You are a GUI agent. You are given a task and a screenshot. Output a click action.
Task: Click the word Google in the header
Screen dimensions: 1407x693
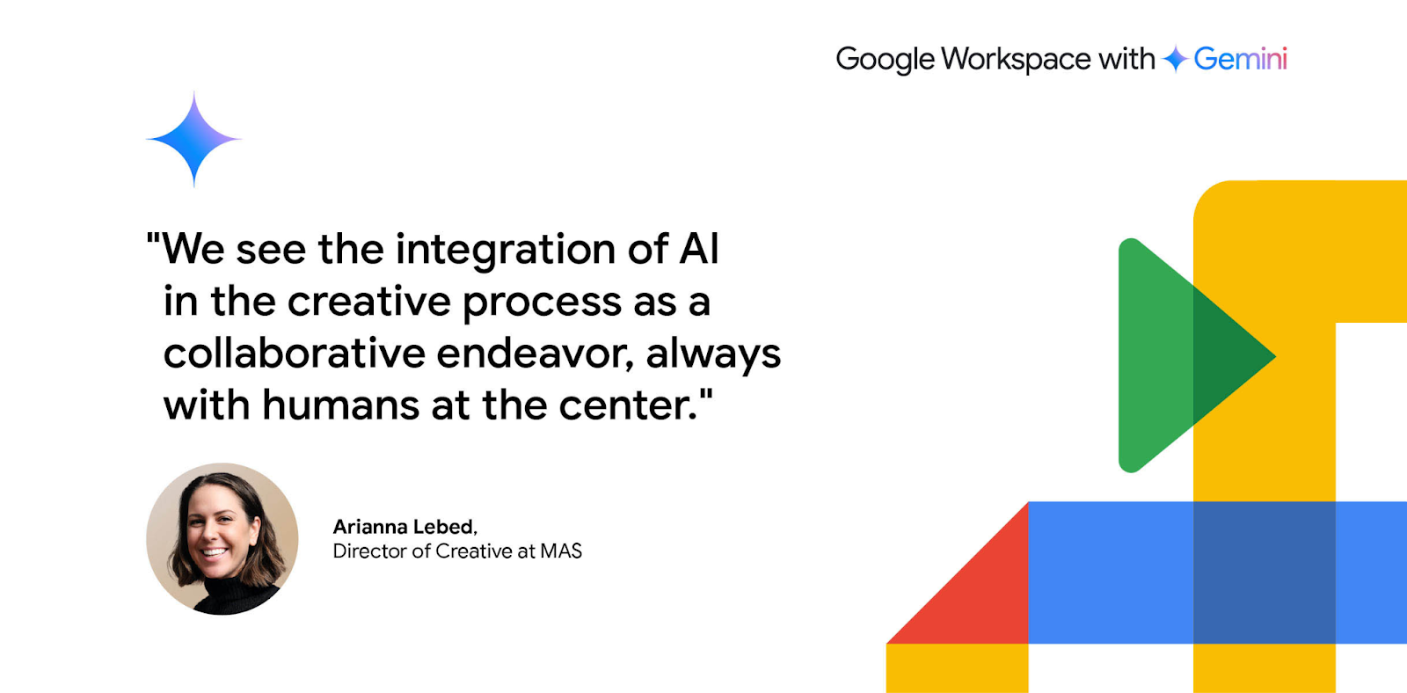(885, 60)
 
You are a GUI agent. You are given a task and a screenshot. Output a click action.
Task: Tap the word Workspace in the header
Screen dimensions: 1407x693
(1016, 60)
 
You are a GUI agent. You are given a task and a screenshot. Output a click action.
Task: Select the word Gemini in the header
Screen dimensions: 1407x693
(1240, 59)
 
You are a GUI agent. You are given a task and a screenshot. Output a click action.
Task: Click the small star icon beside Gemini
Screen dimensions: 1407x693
(1175, 59)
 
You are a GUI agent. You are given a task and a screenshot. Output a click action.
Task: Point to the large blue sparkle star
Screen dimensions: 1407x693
(194, 139)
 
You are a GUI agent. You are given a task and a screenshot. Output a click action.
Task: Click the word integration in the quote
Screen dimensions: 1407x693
(506, 250)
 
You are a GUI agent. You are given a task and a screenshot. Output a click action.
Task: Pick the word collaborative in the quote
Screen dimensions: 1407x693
(295, 354)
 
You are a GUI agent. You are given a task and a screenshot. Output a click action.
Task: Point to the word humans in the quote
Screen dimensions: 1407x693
(340, 405)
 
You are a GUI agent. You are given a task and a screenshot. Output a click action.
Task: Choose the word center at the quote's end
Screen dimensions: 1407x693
(628, 406)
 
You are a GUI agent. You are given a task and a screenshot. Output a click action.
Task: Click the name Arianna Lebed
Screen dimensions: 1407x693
(403, 527)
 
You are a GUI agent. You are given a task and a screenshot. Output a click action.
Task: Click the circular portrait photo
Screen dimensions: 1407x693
(222, 539)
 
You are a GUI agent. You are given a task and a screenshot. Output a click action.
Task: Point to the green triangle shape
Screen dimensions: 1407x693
(1181, 355)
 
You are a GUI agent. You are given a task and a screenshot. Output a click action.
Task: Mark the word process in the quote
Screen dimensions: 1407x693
(542, 303)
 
